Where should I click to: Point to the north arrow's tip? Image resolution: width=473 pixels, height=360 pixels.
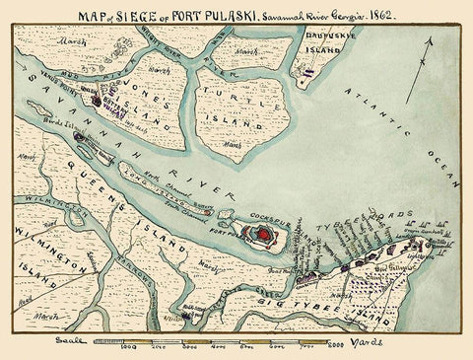pos(430,36)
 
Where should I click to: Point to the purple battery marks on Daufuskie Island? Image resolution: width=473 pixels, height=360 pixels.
pos(309,71)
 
